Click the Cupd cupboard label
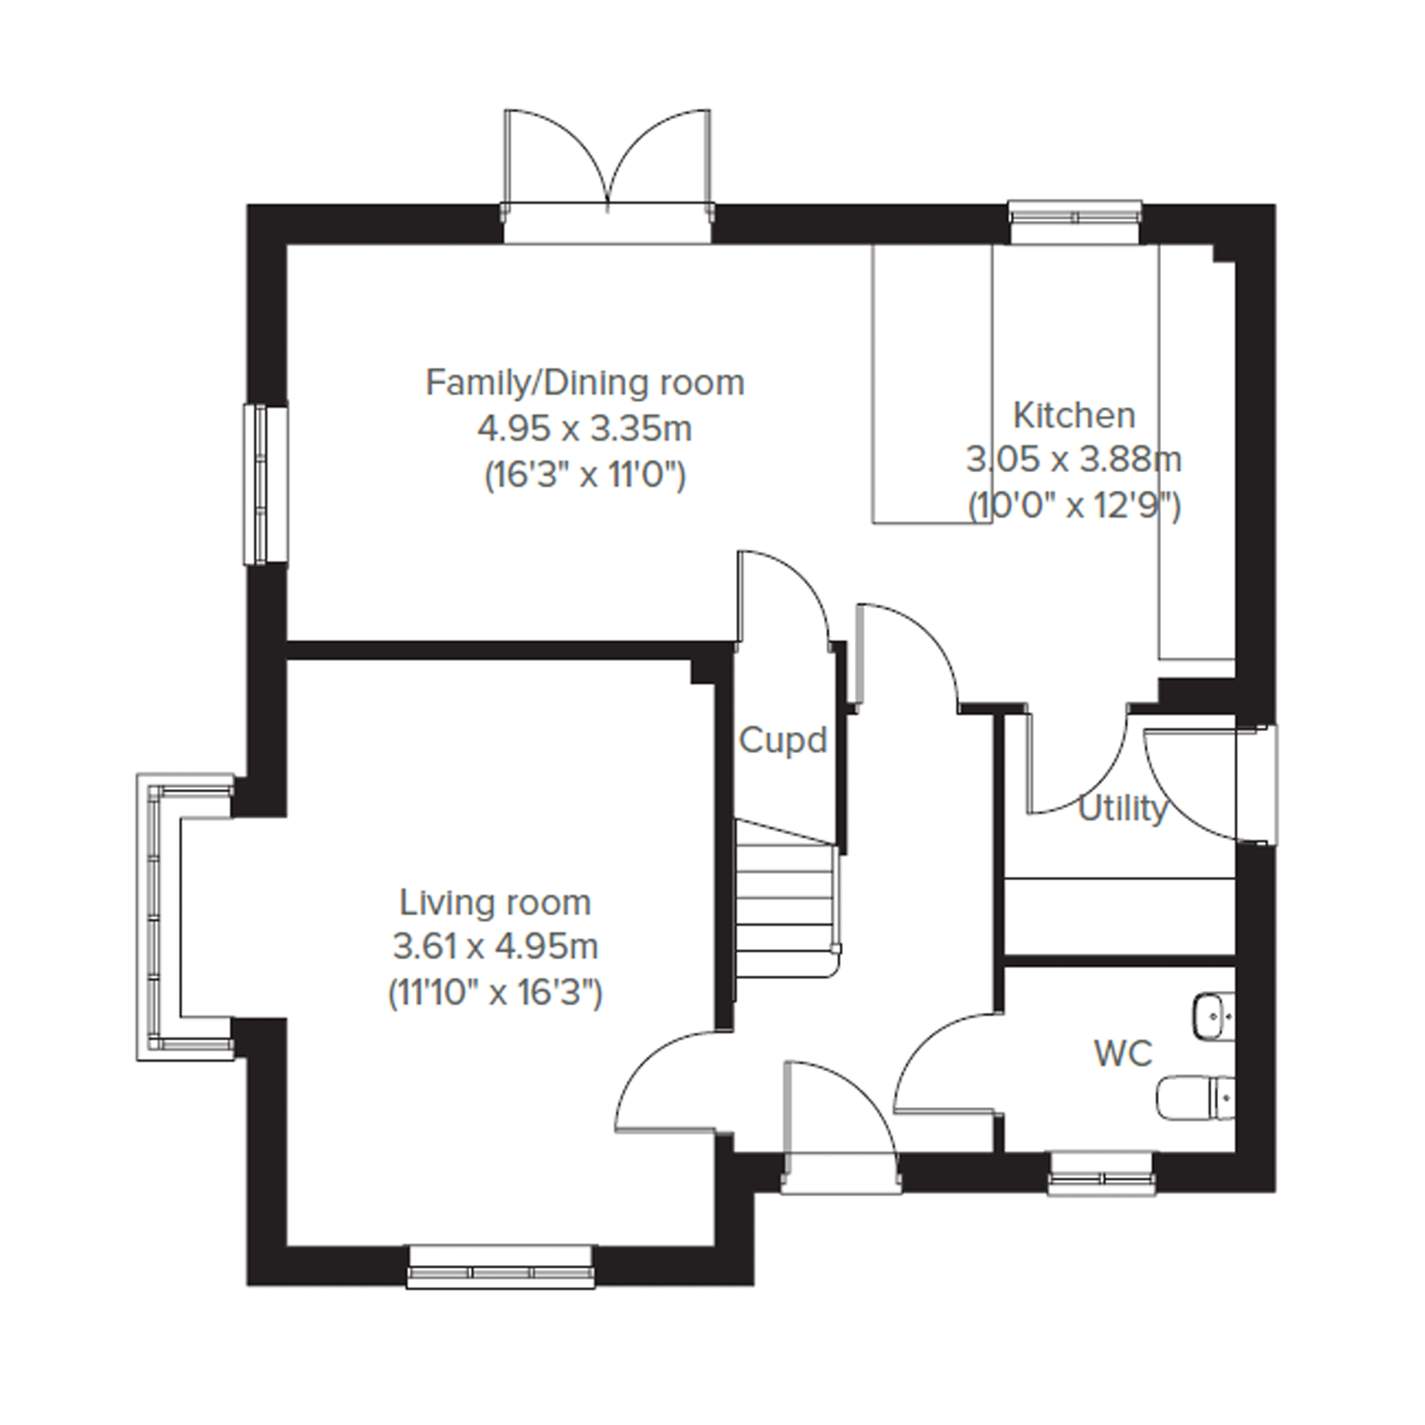click(x=783, y=740)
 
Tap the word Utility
click(x=1122, y=810)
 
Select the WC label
click(x=1123, y=1053)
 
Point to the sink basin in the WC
click(x=1213, y=1017)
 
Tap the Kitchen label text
click(x=1074, y=415)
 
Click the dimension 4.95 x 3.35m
click(x=585, y=429)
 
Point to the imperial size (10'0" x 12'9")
click(x=1074, y=507)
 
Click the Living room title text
click(x=495, y=903)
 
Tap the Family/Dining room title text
click(x=585, y=383)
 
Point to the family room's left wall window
click(x=265, y=485)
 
